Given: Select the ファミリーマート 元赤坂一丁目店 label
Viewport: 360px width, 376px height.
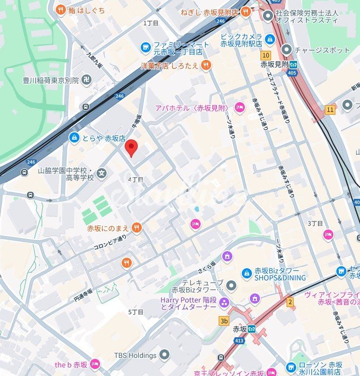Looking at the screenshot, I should [x=178, y=48].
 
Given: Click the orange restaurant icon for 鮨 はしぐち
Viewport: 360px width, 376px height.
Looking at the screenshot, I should [x=61, y=9].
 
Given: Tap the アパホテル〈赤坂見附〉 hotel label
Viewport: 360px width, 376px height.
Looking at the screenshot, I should [x=192, y=108].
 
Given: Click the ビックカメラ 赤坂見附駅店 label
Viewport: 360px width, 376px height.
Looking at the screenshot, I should [x=241, y=40].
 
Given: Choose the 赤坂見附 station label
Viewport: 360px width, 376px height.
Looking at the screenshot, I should [x=275, y=65].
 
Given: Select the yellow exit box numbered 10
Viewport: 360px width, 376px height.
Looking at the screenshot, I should [x=266, y=55].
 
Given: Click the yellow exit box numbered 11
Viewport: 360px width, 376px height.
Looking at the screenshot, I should [x=330, y=109].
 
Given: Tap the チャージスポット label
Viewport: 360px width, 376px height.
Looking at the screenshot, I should [x=322, y=50].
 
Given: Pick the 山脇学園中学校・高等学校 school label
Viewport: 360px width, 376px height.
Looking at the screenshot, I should [x=66, y=174].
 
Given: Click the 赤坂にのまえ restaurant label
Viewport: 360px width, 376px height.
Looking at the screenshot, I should [x=109, y=228].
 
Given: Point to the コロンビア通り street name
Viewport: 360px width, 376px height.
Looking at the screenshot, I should [x=110, y=243].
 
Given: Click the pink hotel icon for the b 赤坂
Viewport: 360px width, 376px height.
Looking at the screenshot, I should [x=95, y=364].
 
